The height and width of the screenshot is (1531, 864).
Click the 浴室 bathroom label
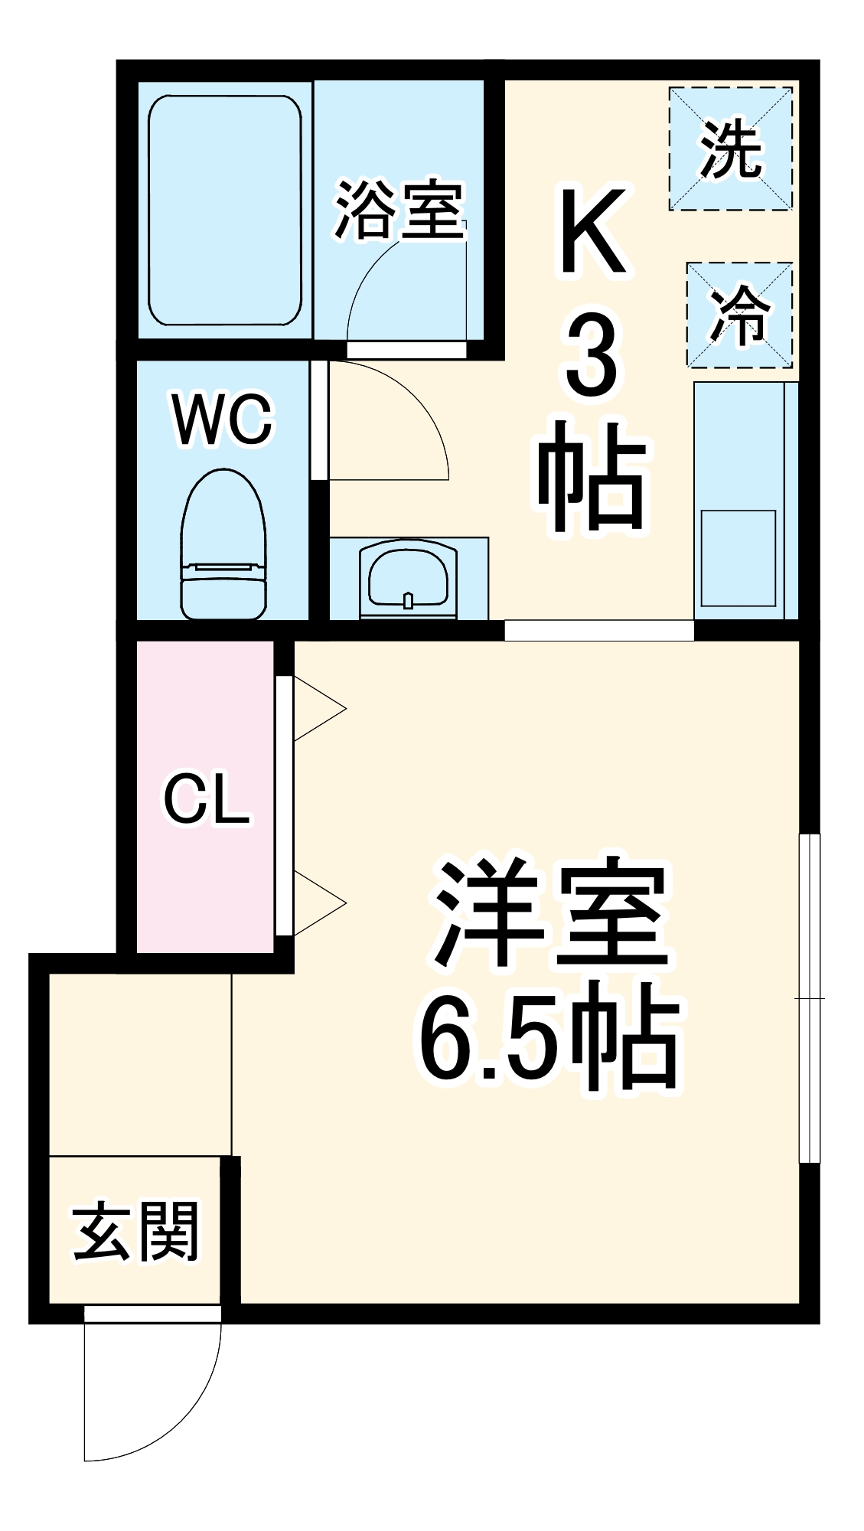point(399,209)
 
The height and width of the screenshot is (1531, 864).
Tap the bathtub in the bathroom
point(224,211)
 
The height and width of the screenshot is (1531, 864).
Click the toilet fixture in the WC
point(223,546)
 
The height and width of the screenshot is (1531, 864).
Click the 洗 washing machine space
point(731,149)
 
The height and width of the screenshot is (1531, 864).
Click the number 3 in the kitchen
point(591,357)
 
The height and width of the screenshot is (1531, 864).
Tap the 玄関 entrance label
point(136,1232)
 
